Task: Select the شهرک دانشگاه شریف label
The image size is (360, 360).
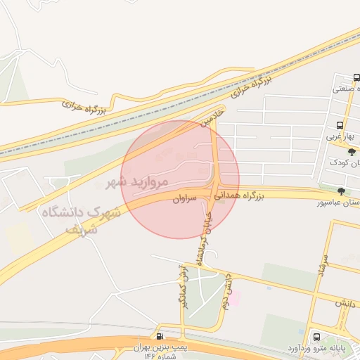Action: (81, 219)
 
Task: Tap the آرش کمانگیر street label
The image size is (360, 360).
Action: (184, 285)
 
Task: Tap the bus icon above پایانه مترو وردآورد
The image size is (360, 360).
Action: (316, 337)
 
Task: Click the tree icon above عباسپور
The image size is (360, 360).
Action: (341, 191)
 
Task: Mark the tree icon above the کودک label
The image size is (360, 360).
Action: (352, 151)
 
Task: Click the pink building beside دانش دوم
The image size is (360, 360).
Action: (234, 299)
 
